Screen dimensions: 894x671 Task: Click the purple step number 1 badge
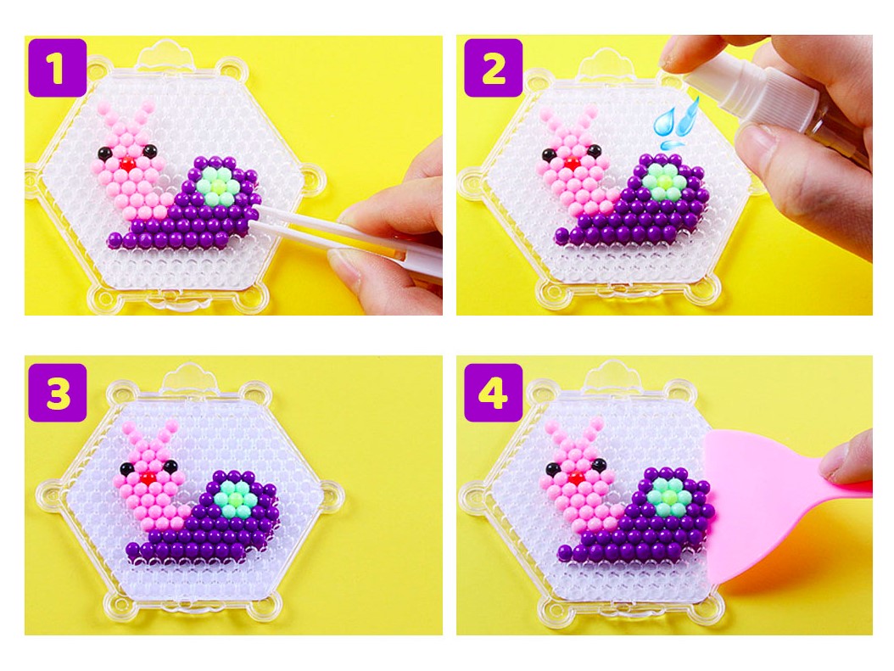coord(57,68)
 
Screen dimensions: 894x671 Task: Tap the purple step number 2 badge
coord(493,68)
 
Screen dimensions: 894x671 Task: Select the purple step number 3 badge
coord(57,393)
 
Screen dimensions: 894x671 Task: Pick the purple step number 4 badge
coord(493,393)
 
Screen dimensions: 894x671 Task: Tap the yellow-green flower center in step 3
coord(235,500)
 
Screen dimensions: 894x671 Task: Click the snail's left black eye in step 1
coord(104,153)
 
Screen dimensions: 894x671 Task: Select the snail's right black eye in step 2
coord(594,151)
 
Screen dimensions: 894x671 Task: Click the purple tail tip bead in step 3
coord(133,551)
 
